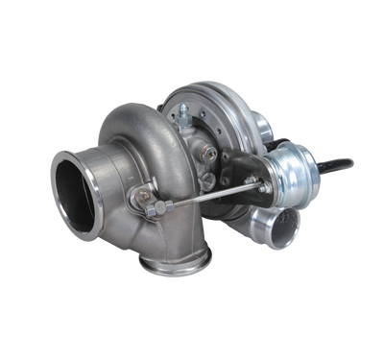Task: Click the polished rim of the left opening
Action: [x=60, y=173]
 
